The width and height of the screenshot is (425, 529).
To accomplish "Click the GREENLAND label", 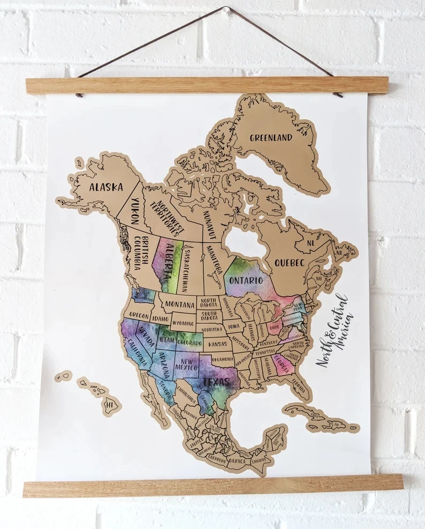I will [x=271, y=138].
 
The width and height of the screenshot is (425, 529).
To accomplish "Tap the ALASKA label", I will [x=106, y=187].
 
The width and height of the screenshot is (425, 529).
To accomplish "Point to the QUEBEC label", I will [x=289, y=263].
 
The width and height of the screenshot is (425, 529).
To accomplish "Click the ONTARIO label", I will [x=246, y=281].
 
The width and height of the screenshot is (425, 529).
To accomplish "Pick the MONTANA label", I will [x=179, y=304].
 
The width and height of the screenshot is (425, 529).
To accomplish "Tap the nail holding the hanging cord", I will [x=227, y=10].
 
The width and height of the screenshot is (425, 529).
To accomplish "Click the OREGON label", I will [x=139, y=315].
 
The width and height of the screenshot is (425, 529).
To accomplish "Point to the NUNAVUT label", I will [x=209, y=224].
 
